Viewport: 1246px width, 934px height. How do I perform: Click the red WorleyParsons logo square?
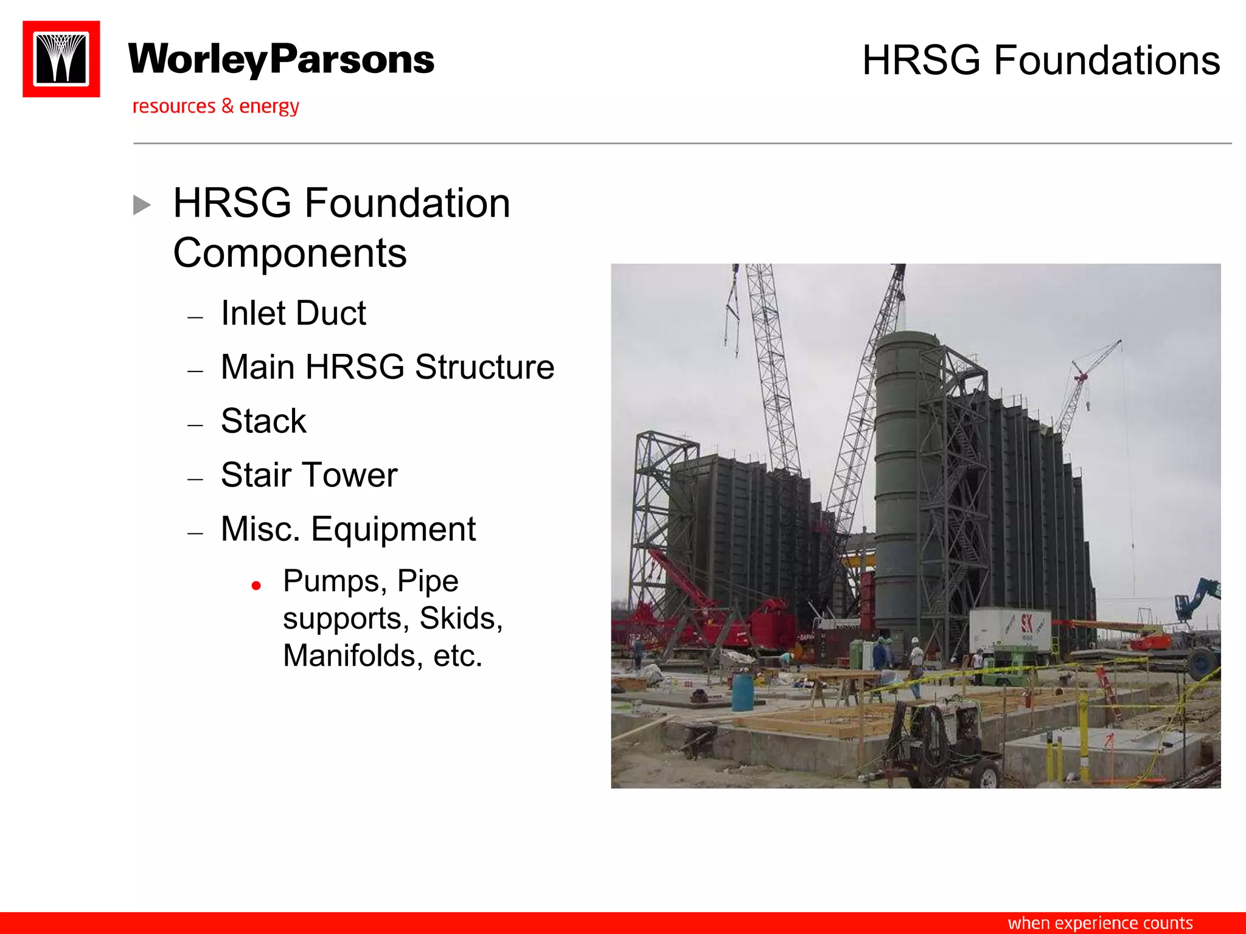pyautogui.click(x=61, y=59)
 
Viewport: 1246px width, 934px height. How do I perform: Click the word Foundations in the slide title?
pyautogui.click(x=1107, y=61)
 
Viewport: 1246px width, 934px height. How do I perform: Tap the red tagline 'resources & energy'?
pyautogui.click(x=215, y=106)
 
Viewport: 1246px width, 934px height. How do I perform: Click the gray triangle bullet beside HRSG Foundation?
pyautogui.click(x=142, y=205)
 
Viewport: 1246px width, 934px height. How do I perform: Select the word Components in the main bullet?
pyautogui.click(x=290, y=253)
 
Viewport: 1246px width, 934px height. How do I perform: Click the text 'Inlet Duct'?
pyautogui.click(x=293, y=314)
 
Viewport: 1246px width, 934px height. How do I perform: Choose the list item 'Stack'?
pyautogui.click(x=263, y=421)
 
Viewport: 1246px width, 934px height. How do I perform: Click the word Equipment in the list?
pyautogui.click(x=393, y=529)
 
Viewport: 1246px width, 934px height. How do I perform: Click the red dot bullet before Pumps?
pyautogui.click(x=256, y=586)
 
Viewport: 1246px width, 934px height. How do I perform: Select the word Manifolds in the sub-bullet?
pyautogui.click(x=353, y=656)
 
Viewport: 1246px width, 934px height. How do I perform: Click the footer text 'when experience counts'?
pyautogui.click(x=1100, y=923)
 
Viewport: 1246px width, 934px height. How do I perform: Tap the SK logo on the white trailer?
pyautogui.click(x=1027, y=624)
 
